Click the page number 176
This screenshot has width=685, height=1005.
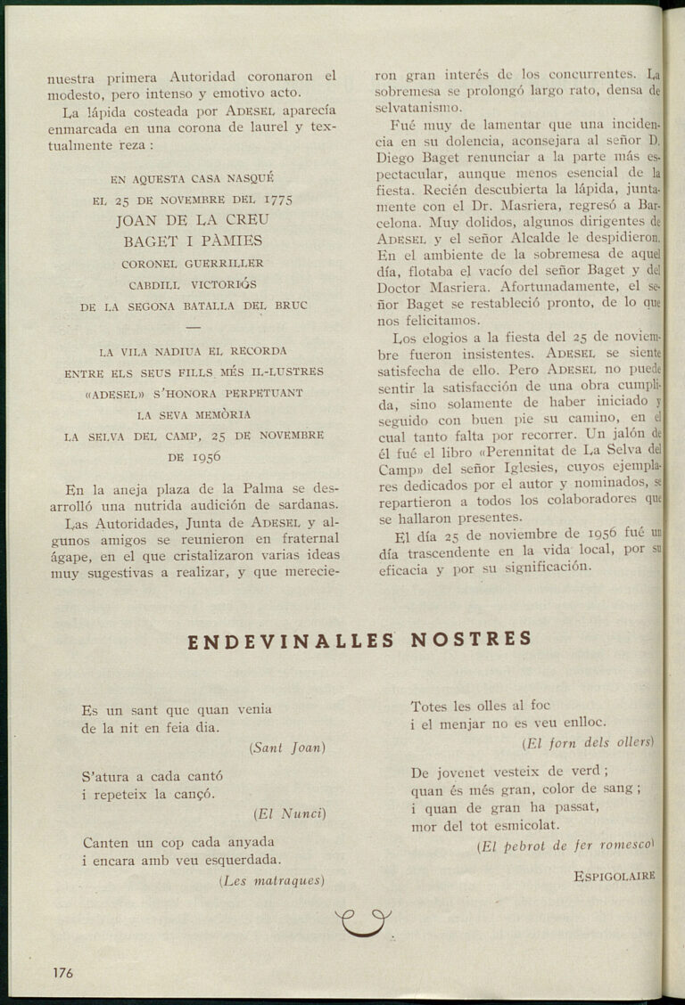click(x=62, y=972)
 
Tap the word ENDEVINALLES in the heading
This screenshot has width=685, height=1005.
click(x=292, y=640)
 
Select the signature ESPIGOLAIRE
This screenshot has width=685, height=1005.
click(x=615, y=876)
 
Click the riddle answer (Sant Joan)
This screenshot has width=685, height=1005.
click(x=287, y=748)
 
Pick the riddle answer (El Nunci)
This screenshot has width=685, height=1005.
click(x=290, y=813)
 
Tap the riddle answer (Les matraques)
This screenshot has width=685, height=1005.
click(x=271, y=880)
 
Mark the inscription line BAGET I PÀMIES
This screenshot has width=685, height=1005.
click(x=193, y=240)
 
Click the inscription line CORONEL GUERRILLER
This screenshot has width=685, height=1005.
click(x=193, y=263)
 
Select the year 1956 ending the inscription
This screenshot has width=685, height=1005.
click(x=206, y=456)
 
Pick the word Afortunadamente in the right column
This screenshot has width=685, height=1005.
click(x=534, y=287)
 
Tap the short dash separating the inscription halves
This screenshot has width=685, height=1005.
click(x=194, y=326)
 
